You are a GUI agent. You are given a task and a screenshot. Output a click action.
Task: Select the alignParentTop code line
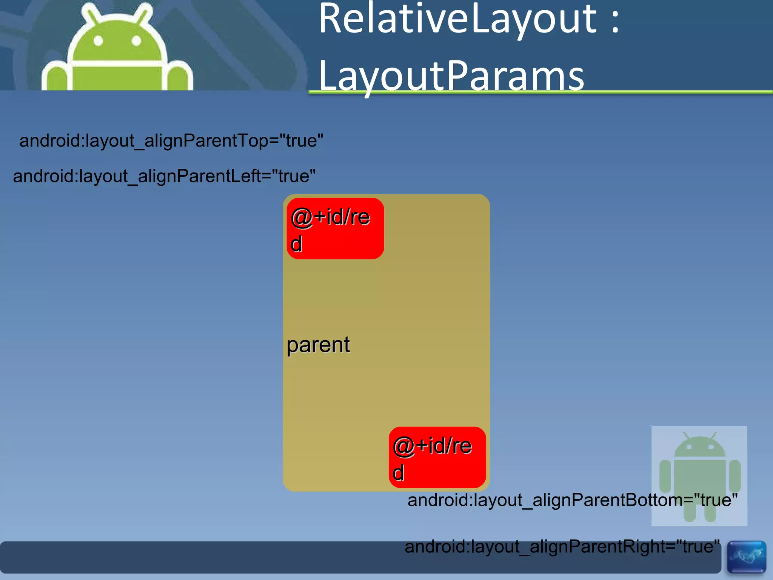(171, 141)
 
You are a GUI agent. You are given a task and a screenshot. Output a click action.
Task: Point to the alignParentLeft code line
(164, 176)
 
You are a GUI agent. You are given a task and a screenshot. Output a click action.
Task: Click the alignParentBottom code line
(572, 500)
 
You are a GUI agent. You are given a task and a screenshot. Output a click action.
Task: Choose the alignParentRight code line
(562, 547)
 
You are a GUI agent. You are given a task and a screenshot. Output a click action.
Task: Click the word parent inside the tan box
(318, 345)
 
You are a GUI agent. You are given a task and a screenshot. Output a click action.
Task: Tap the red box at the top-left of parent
(335, 228)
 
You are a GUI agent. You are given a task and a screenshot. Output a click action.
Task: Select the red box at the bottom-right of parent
(437, 457)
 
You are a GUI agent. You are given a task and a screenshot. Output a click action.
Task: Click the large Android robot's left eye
(98, 41)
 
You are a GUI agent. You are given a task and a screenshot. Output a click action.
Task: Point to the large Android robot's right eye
(136, 41)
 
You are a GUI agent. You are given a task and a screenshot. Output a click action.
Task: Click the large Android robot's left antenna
(91, 15)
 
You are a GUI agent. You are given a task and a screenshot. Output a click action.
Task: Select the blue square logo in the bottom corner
(746, 557)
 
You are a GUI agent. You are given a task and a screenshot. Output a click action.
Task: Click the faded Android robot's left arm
(665, 476)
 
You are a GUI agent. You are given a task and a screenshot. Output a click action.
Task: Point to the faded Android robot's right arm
(735, 476)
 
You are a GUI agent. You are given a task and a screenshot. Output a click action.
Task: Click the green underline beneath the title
(540, 92)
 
